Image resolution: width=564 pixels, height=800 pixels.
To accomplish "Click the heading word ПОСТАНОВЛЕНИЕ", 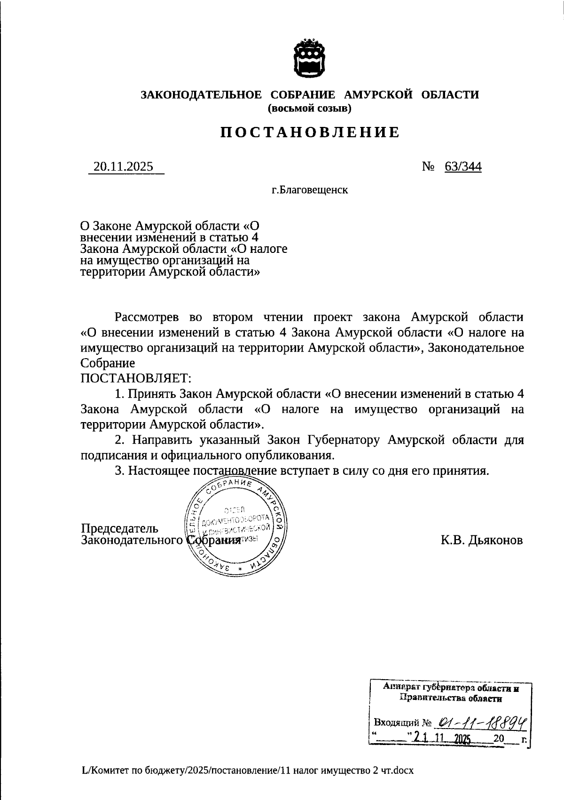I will tap(310, 133).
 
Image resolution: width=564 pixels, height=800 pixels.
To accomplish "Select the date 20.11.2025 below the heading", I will tap(124, 167).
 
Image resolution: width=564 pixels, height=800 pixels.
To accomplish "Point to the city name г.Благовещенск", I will tap(310, 190).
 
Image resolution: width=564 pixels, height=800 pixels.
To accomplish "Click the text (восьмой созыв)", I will tap(310, 109).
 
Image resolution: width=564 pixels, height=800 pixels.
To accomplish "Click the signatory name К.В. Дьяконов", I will tap(481, 540).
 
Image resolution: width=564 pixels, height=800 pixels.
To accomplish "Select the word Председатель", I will tap(120, 529).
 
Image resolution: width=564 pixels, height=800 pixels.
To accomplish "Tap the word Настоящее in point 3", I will tap(159, 471).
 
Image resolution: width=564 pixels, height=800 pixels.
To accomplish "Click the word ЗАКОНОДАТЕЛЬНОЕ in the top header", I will tap(202, 95).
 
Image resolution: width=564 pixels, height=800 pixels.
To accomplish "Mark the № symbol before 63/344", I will tap(428, 167).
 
